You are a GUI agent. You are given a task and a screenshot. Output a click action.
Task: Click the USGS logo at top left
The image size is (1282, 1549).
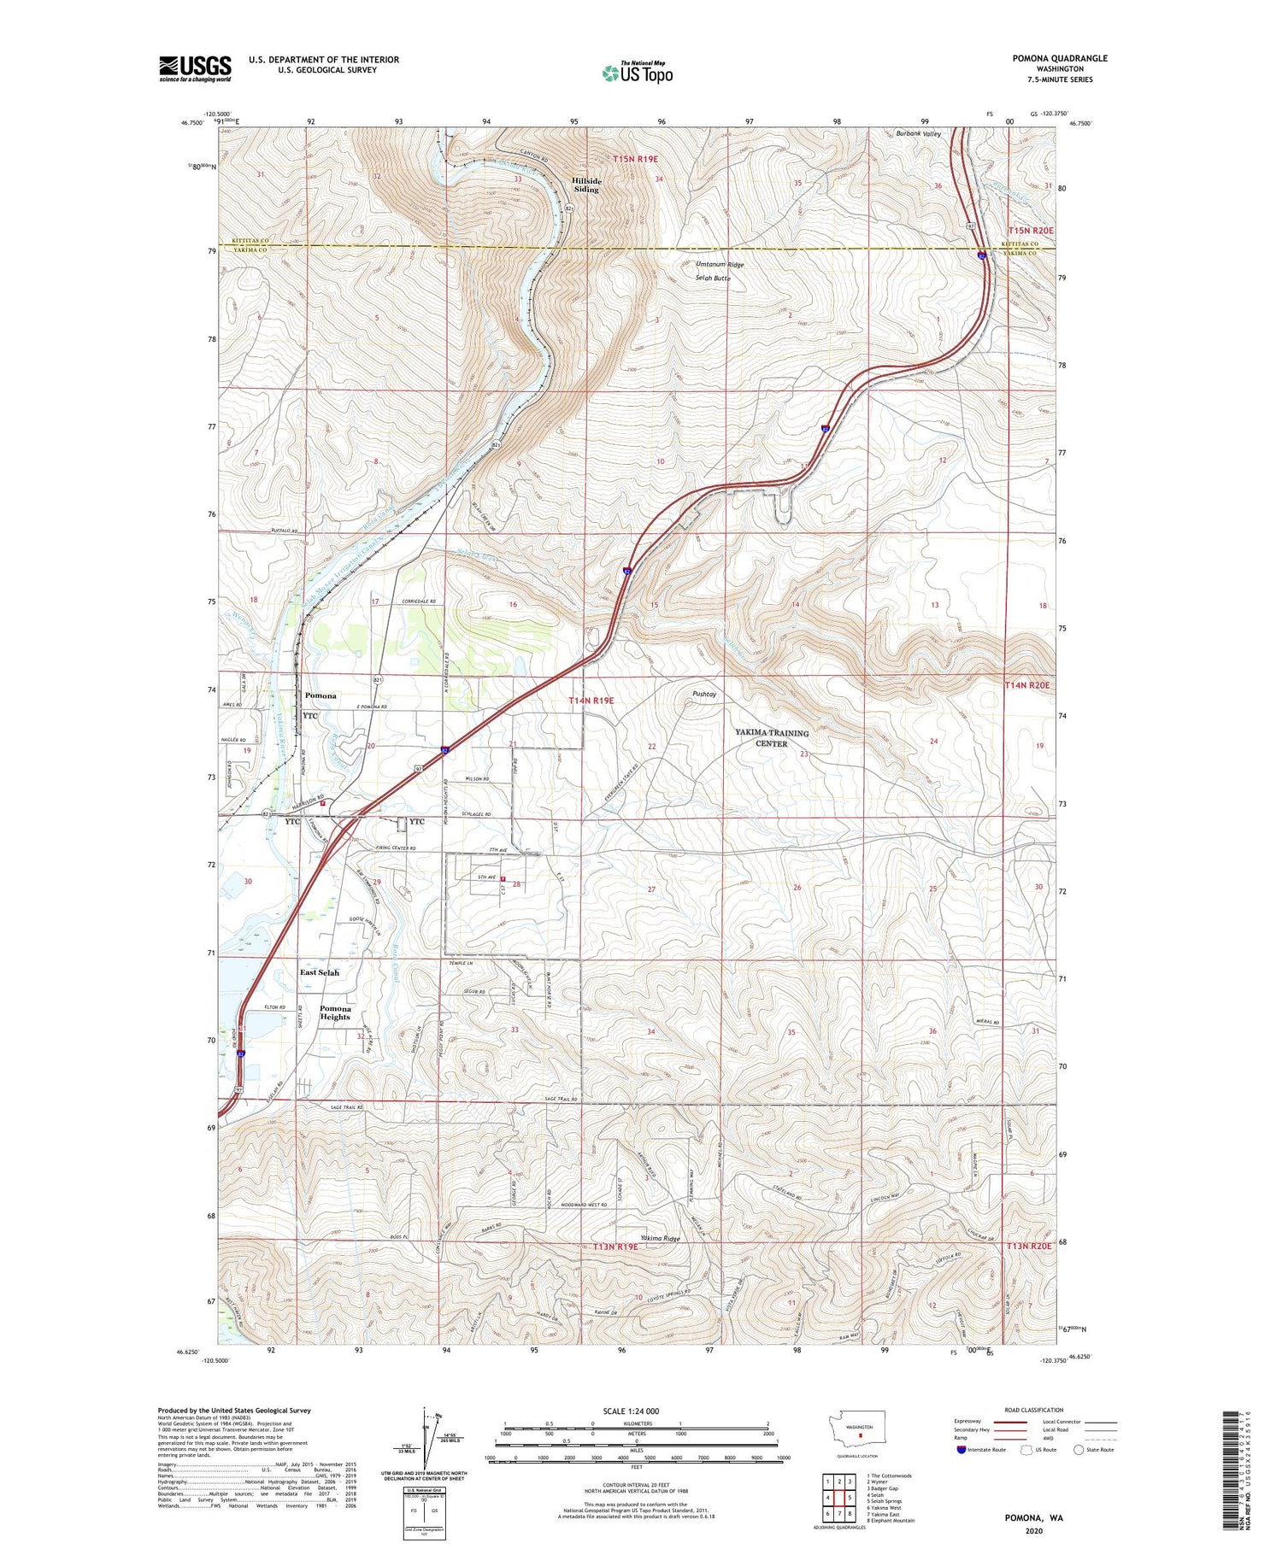tap(195, 68)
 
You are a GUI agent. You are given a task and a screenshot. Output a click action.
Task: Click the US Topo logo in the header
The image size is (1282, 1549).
tap(637, 73)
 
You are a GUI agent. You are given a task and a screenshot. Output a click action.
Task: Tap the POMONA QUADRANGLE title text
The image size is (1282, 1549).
tap(1059, 58)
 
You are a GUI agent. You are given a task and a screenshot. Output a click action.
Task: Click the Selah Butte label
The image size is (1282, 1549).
tap(712, 279)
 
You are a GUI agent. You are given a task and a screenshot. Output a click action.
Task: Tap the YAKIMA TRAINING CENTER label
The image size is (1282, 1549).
tap(772, 738)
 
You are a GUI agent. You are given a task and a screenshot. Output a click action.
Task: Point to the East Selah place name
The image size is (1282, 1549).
tap(319, 972)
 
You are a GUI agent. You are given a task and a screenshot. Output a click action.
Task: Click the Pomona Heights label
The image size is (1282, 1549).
tap(335, 1012)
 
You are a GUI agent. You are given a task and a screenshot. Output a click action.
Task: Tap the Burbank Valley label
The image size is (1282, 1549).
tap(918, 134)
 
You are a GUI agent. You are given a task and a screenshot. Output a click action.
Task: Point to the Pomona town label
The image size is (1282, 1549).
tap(320, 695)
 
